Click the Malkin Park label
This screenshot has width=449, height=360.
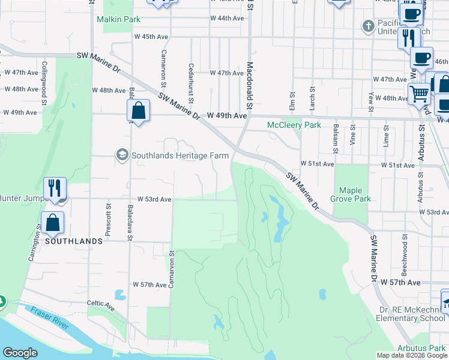coord(118,19)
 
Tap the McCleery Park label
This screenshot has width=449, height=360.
coord(294,125)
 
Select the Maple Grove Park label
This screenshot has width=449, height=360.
coord(351,194)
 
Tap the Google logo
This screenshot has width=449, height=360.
coord(20,353)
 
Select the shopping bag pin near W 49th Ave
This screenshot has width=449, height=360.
coord(138,111)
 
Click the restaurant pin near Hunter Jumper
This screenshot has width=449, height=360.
coord(55,188)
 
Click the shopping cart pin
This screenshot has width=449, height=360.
coord(419,93)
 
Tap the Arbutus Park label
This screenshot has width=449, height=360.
coord(421,349)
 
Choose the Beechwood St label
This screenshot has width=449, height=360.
coord(405,251)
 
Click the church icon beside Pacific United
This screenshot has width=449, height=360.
coord(368,26)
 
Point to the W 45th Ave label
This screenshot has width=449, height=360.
coord(151,37)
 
